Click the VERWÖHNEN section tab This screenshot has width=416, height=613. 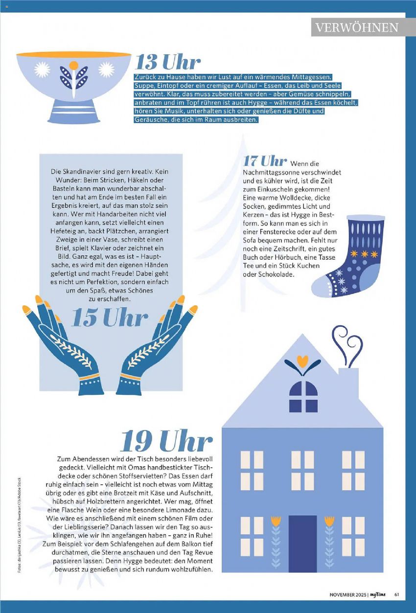pyautogui.click(x=357, y=27)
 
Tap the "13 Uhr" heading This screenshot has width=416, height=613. pyautogui.click(x=167, y=62)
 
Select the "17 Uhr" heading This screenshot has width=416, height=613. pyautogui.click(x=265, y=161)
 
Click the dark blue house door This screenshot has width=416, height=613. pyautogui.click(x=302, y=544)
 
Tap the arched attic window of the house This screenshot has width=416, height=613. pyautogui.click(x=303, y=396)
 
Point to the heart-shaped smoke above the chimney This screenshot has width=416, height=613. pyautogui.click(x=347, y=343)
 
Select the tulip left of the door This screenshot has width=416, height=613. pyautogui.click(x=277, y=538)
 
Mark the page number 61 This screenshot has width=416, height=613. pyautogui.click(x=397, y=594)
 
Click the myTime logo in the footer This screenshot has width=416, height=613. pyautogui.click(x=377, y=594)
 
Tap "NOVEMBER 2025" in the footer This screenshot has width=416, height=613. pyautogui.click(x=348, y=594)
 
